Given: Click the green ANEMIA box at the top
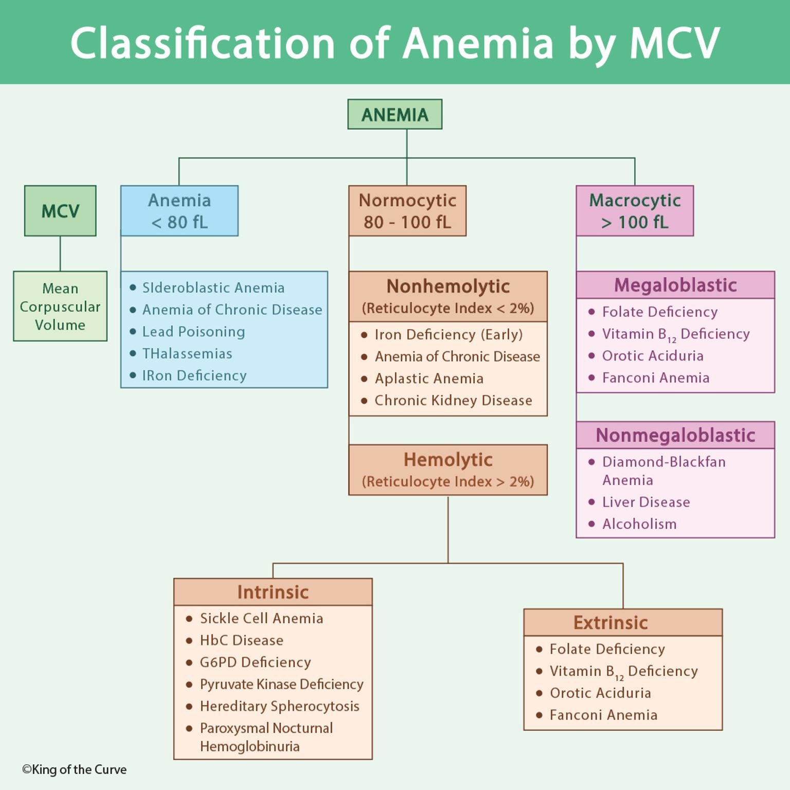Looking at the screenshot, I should (394, 114).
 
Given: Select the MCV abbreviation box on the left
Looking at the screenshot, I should (60, 211).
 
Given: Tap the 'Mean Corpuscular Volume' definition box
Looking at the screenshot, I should (60, 306).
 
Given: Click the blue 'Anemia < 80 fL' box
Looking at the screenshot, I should (179, 211).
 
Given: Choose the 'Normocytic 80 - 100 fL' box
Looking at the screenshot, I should (407, 211).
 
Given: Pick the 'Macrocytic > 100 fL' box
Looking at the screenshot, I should (634, 211).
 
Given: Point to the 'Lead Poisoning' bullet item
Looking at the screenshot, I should (193, 332).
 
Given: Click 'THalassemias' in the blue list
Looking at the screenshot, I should (187, 354).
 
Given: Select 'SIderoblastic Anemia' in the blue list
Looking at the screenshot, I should (213, 288).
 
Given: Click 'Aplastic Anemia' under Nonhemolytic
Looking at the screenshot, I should (428, 379).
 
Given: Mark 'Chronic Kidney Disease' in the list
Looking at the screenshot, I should (453, 401).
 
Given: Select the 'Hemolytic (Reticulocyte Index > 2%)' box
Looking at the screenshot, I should (447, 470).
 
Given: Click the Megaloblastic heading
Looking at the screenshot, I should (675, 285).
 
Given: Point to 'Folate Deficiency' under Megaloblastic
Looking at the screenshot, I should (659, 312).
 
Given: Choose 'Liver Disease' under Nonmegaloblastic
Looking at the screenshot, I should (645, 502).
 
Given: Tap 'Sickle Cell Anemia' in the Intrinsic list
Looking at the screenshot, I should (261, 618).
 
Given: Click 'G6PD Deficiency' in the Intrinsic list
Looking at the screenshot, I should (255, 662).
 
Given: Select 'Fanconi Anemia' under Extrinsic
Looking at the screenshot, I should (603, 715).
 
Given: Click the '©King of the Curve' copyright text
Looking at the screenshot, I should (75, 769).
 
